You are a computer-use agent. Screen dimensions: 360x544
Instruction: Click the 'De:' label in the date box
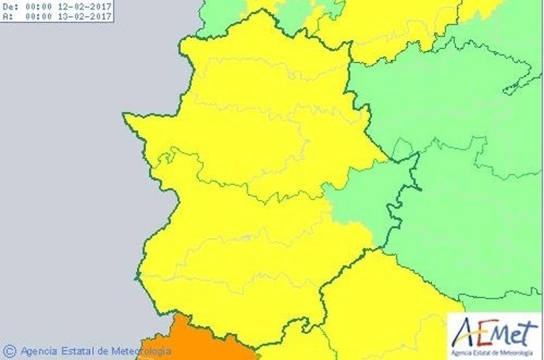click(x=11, y=6)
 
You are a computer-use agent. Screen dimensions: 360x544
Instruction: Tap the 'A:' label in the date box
click(x=8, y=17)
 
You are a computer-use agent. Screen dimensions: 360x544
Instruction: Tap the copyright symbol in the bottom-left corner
click(x=9, y=351)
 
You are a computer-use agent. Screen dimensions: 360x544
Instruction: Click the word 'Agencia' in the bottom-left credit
click(x=39, y=351)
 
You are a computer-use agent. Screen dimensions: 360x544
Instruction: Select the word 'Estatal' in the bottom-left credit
click(x=80, y=351)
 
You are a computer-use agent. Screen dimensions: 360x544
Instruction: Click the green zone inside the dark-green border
click(x=363, y=209)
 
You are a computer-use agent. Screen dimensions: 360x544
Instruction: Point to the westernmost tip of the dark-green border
click(x=124, y=116)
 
